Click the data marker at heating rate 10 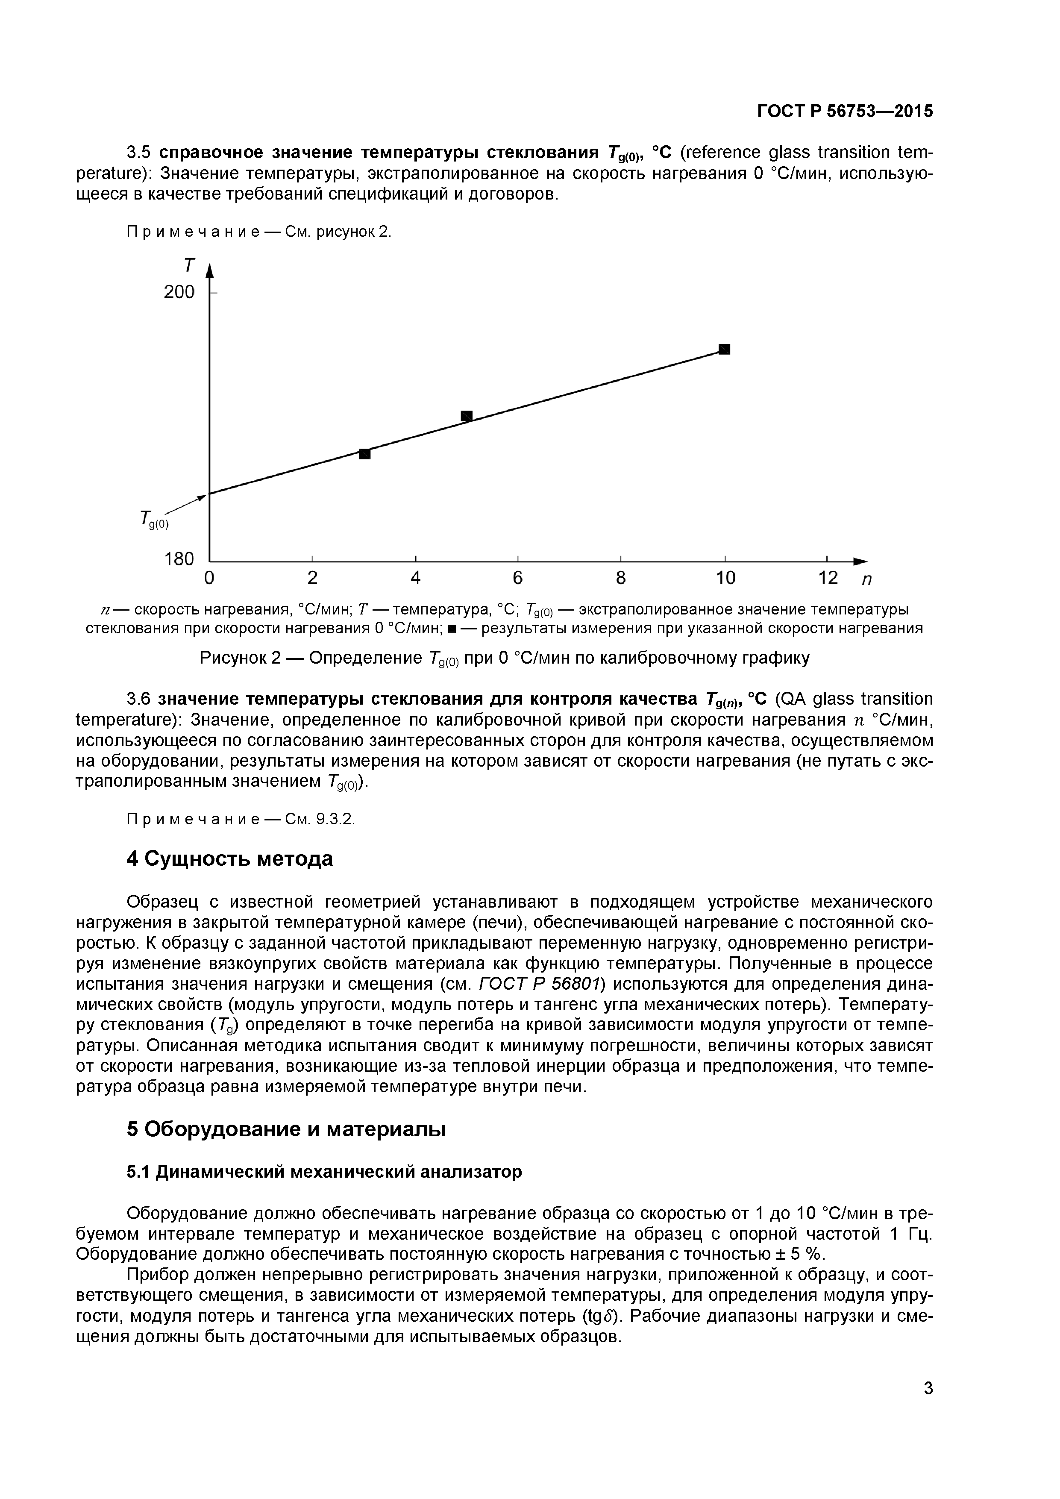point(724,349)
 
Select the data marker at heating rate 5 point(467,416)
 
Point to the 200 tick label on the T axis point(179,292)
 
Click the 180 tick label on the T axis point(179,559)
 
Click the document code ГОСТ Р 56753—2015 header point(845,112)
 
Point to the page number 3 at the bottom point(928,1406)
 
